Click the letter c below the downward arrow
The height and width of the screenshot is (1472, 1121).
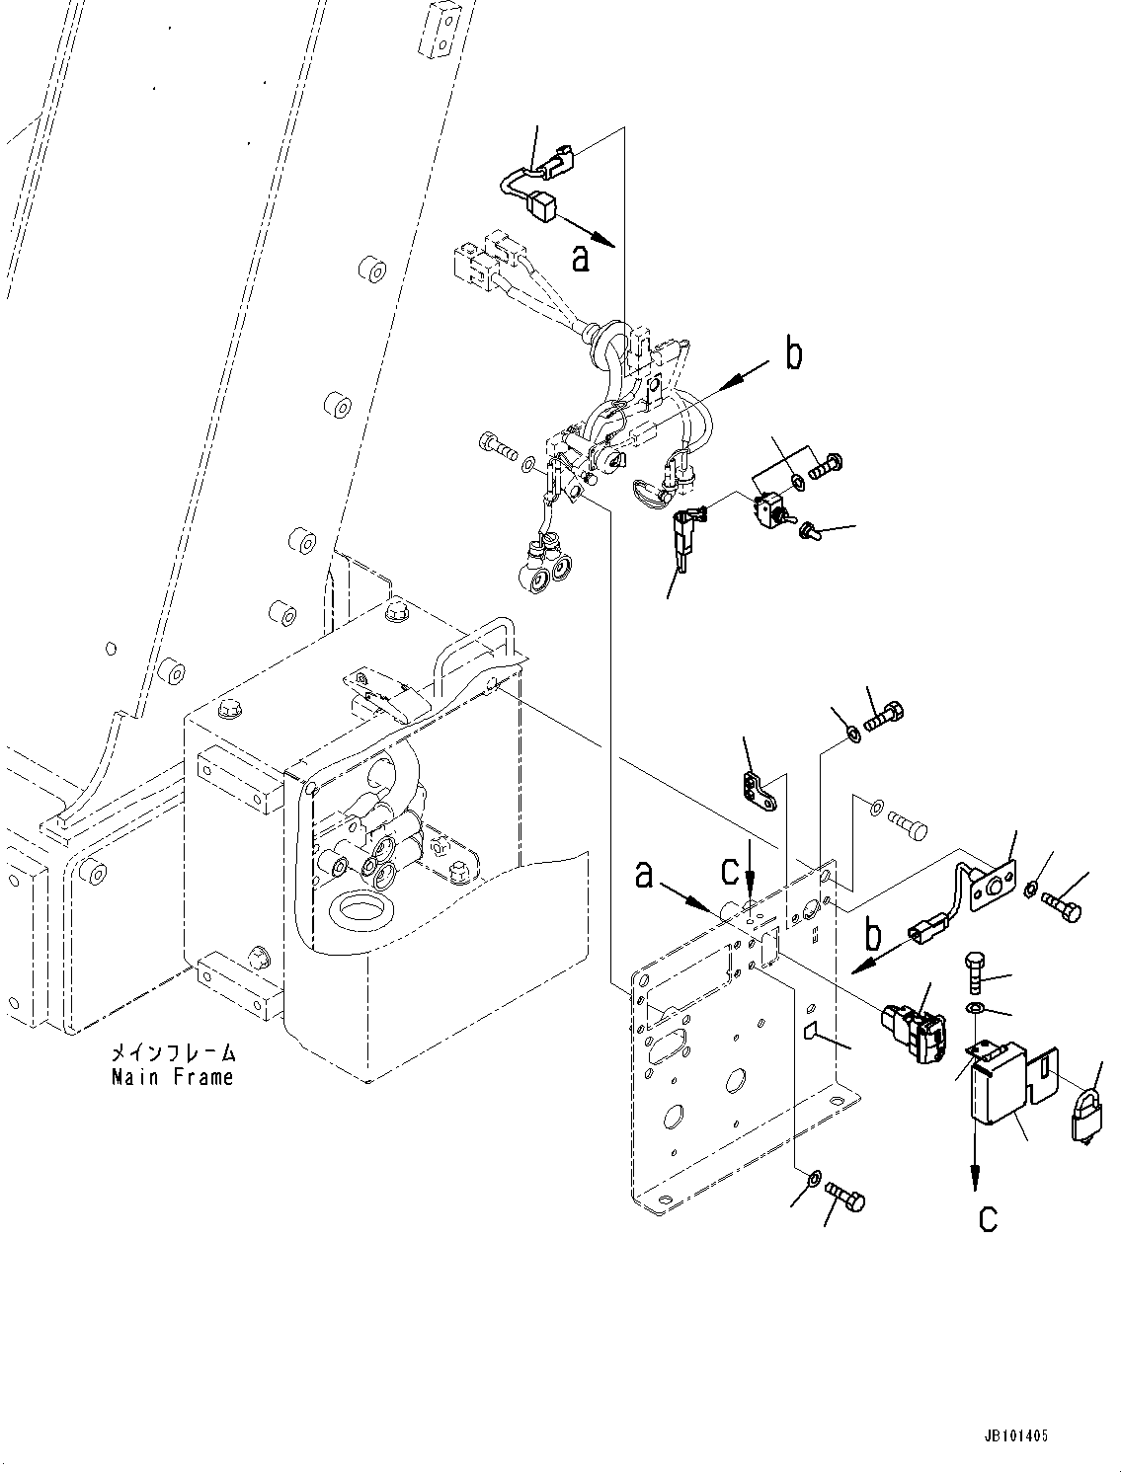pos(988,1218)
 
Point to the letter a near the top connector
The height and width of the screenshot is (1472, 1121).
pos(581,258)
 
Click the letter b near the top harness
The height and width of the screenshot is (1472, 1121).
pos(794,354)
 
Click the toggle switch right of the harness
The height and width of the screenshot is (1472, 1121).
pos(767,509)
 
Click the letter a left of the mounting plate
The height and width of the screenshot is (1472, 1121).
pos(644,873)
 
